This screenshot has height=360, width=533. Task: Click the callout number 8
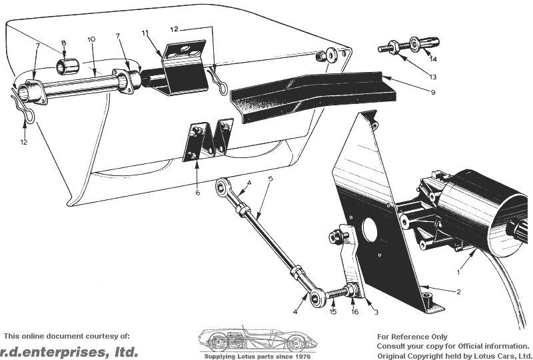[x=63, y=43]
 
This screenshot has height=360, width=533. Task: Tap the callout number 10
[x=91, y=39]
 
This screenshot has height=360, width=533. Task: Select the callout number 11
[x=145, y=33]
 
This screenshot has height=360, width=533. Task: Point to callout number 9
[x=432, y=92]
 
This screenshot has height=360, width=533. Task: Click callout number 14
[x=432, y=59]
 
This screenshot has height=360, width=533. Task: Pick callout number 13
[x=432, y=77]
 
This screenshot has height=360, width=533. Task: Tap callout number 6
[x=197, y=193]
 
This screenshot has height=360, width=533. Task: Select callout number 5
[x=270, y=178]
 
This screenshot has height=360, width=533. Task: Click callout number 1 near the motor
[x=458, y=272]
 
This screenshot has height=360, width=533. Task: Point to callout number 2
[x=458, y=291]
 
